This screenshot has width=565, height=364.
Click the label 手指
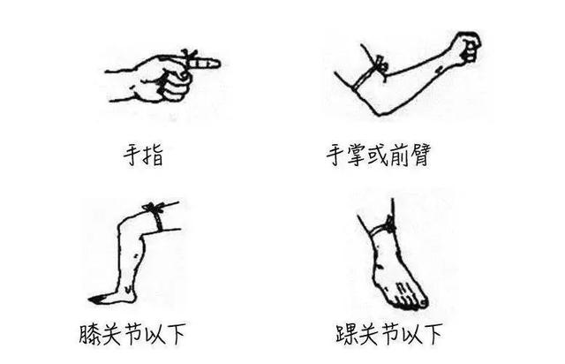pyautogui.click(x=143, y=155)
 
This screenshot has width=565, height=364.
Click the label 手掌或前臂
pyautogui.click(x=379, y=155)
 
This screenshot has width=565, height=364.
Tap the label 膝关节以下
pyautogui.click(x=132, y=334)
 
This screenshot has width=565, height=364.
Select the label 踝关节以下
pyautogui.click(x=388, y=334)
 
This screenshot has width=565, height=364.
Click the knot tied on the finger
pyautogui.click(x=189, y=55)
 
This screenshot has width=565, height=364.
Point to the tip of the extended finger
pyautogui.click(x=219, y=63)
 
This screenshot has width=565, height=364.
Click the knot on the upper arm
pyautogui.click(x=380, y=64)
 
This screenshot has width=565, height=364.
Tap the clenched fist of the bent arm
pyautogui.click(x=468, y=46)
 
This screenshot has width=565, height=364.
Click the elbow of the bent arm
pyautogui.click(x=378, y=112)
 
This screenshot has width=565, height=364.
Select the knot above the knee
pyautogui.click(x=153, y=207)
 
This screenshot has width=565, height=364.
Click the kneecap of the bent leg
pyautogui.click(x=124, y=224)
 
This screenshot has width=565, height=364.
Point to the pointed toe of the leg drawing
pyautogui.click(x=90, y=300)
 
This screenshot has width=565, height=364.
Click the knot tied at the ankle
pyautogui.click(x=390, y=224)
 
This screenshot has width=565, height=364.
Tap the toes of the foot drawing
pyautogui.click(x=411, y=298)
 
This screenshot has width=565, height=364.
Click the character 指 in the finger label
pyautogui.click(x=154, y=155)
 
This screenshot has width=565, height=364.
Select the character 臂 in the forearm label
pyautogui.click(x=420, y=155)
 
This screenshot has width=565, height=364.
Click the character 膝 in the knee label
pyautogui.click(x=90, y=335)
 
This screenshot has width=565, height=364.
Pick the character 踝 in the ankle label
pyautogui.click(x=346, y=335)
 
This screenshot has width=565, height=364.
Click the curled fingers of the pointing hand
pyautogui.click(x=175, y=84)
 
